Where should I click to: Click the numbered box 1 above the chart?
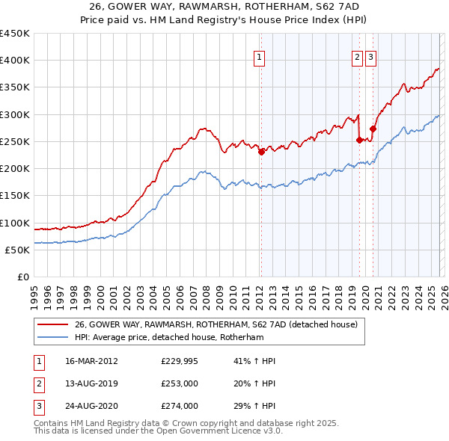[259, 56]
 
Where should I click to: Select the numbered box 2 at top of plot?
[357, 56]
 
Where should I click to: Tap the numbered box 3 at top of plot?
[371, 56]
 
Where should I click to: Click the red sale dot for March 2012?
[261, 152]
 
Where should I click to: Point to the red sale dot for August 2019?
[359, 139]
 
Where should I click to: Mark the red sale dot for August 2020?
[373, 128]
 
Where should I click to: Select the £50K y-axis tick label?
[17, 250]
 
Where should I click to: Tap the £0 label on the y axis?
[23, 277]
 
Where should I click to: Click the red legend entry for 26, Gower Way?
[216, 324]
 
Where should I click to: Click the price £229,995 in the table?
[180, 361]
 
